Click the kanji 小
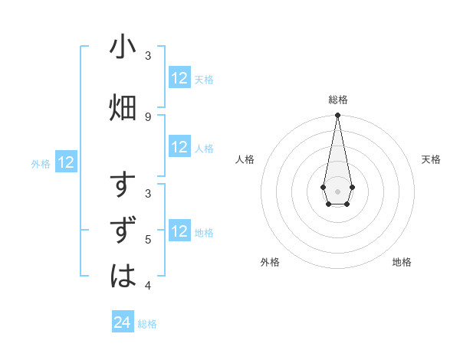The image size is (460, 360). (123, 47)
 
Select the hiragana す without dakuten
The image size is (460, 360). (123, 186)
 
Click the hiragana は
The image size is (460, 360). (123, 275)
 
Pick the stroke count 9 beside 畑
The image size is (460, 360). (148, 116)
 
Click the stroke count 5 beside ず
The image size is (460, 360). (148, 240)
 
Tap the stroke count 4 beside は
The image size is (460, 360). (148, 285)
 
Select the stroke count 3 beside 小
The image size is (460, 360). (148, 55)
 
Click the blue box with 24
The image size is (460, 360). (123, 322)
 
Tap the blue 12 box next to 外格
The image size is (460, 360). (66, 162)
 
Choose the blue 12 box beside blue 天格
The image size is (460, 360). (179, 78)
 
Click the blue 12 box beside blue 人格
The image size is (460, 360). (179, 147)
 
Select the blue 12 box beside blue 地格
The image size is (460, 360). (179, 231)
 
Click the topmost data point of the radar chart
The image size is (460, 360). (337, 116)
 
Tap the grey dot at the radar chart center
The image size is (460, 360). (337, 191)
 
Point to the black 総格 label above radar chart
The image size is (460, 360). (337, 100)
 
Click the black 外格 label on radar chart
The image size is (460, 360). (270, 262)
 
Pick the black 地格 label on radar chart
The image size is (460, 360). (402, 262)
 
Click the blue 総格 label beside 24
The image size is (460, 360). (147, 324)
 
